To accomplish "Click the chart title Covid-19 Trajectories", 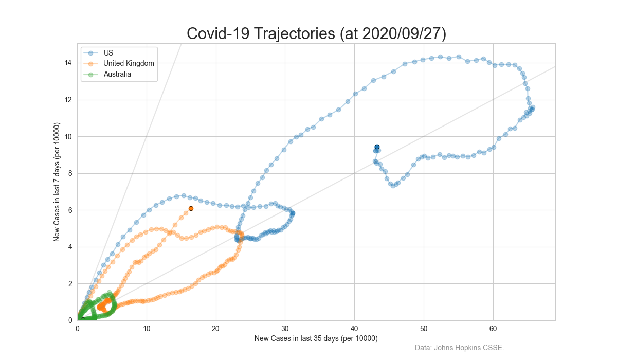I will pos(316,33).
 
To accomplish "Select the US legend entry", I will pos(108,53).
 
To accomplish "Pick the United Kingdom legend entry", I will pos(129,63).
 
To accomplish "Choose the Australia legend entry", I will pos(117,74).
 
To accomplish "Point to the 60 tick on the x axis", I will pos(493,328).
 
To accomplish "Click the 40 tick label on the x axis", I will pos(354,328).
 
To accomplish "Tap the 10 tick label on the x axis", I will pos(147,328).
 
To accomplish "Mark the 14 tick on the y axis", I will pos(68,63).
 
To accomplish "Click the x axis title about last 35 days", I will pos(316,338).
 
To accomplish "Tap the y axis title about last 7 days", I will pos(58,182).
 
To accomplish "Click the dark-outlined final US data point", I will pos(377,147).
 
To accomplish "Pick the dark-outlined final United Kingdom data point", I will pos(191,208).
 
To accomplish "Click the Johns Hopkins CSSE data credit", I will pos(459,348).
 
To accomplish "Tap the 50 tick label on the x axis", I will pos(424,328).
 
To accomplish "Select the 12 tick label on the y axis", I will pos(68,100).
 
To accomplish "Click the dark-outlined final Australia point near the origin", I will pos(83,319).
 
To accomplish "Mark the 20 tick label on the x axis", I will pos(216,328).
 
